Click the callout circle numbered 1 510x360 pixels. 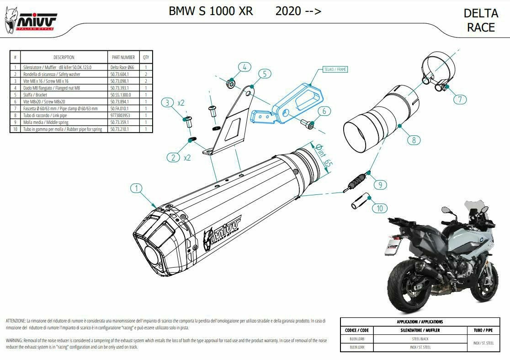tap(136, 188)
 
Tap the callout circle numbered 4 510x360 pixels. tap(244, 67)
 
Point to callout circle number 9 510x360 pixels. tap(380, 185)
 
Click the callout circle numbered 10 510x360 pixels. tap(379, 209)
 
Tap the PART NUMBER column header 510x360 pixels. tap(123, 57)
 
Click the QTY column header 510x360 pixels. tap(146, 57)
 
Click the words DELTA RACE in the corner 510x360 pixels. tap(481, 21)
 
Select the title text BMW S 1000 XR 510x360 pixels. tap(211, 11)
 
